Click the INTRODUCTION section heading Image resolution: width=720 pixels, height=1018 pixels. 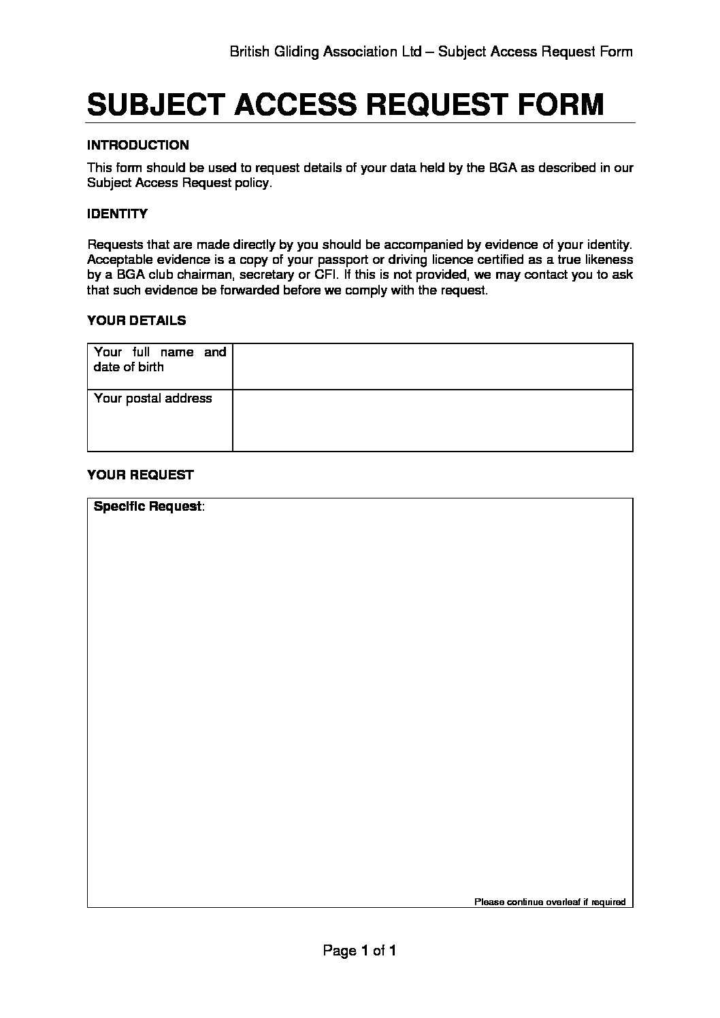coord(138,145)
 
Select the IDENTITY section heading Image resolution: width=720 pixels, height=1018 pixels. coord(117,214)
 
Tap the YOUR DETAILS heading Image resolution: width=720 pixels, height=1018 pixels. coord(136,320)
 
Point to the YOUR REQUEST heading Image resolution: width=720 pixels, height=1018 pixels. coord(140,475)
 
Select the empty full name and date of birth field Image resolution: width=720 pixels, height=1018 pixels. coord(432,367)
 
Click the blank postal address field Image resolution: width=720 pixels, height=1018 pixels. coord(432,420)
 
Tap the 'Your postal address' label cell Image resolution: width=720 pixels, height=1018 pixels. coord(153,398)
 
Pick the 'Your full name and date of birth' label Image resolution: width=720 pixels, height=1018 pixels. coord(159,360)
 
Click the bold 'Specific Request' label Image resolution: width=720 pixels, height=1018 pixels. coord(148,507)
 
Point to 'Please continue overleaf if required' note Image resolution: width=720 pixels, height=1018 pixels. coord(549,902)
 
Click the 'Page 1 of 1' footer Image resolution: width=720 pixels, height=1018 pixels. coord(359,951)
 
